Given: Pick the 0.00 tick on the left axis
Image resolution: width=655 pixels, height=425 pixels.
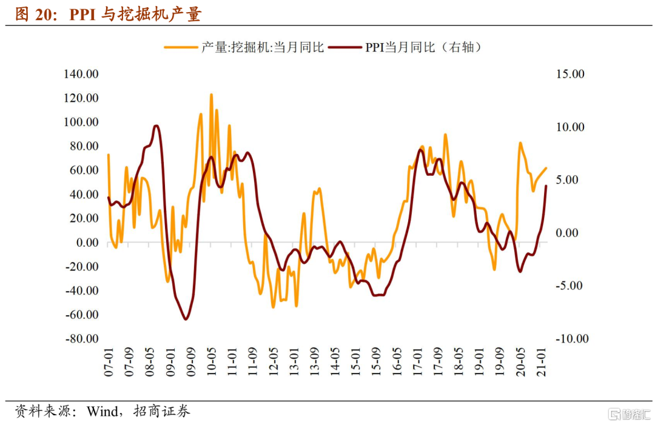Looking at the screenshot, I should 85,243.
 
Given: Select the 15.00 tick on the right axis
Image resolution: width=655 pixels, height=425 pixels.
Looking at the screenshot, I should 569,74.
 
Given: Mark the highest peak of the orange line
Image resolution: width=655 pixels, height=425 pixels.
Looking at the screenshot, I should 211,95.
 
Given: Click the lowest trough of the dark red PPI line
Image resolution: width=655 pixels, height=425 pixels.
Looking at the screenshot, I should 186,319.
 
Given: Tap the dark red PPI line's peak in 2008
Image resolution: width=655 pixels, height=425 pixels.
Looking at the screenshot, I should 156,126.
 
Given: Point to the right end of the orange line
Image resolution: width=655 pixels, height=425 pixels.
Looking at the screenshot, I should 546,168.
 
